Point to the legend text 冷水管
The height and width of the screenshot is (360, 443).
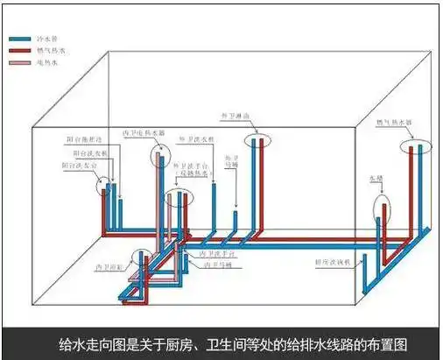tap(45, 39)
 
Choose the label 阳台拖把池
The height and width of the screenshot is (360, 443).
tap(85, 140)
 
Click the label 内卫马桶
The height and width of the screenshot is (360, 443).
tap(218, 263)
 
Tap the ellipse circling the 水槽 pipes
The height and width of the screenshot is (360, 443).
tap(383, 208)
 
